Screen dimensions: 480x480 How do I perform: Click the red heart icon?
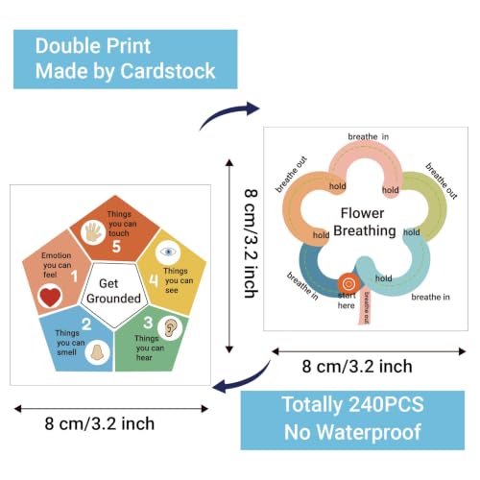(50, 297)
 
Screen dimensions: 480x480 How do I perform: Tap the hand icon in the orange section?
(93, 233)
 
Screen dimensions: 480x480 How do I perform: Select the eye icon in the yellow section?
(168, 252)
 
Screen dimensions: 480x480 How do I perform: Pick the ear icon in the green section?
(170, 328)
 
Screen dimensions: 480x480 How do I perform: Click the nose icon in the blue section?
(97, 352)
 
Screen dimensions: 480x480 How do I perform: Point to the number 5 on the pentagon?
(116, 247)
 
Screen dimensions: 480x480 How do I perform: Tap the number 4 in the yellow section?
(154, 280)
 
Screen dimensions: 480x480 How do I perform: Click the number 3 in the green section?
(148, 323)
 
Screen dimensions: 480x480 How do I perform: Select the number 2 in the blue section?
(86, 324)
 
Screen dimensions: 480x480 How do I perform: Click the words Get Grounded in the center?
(113, 291)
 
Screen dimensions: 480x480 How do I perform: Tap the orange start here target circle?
(348, 283)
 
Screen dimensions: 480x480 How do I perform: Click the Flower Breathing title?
(364, 222)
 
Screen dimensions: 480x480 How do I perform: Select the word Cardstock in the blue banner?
(168, 71)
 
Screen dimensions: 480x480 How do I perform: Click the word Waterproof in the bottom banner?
(369, 432)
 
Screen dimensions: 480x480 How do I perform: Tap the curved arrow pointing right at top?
(229, 114)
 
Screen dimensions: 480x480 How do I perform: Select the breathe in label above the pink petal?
(369, 136)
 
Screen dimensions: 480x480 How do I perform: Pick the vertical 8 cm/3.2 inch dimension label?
(252, 243)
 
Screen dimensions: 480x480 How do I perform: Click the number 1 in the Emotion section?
(74, 276)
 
